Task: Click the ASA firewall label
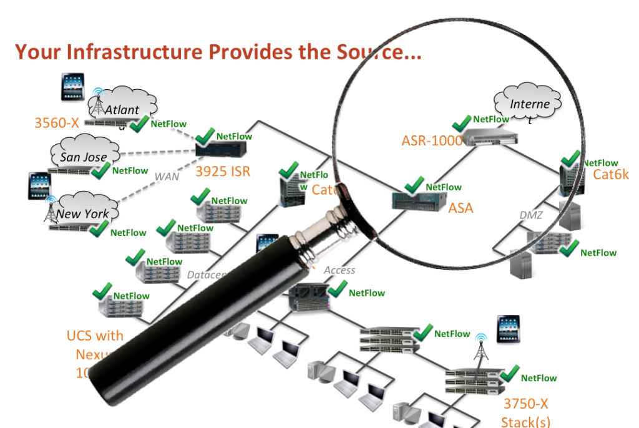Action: tap(461, 208)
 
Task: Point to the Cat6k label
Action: tap(611, 175)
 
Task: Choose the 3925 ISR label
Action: tap(222, 171)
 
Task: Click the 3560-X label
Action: tap(56, 123)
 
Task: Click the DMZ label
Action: tap(531, 215)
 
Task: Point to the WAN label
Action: tap(167, 177)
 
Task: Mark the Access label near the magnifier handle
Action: tap(339, 270)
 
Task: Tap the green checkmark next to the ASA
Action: tap(414, 185)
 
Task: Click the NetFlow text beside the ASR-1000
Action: tap(491, 119)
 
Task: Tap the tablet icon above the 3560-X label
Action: tap(73, 87)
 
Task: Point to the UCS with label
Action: tap(95, 336)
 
